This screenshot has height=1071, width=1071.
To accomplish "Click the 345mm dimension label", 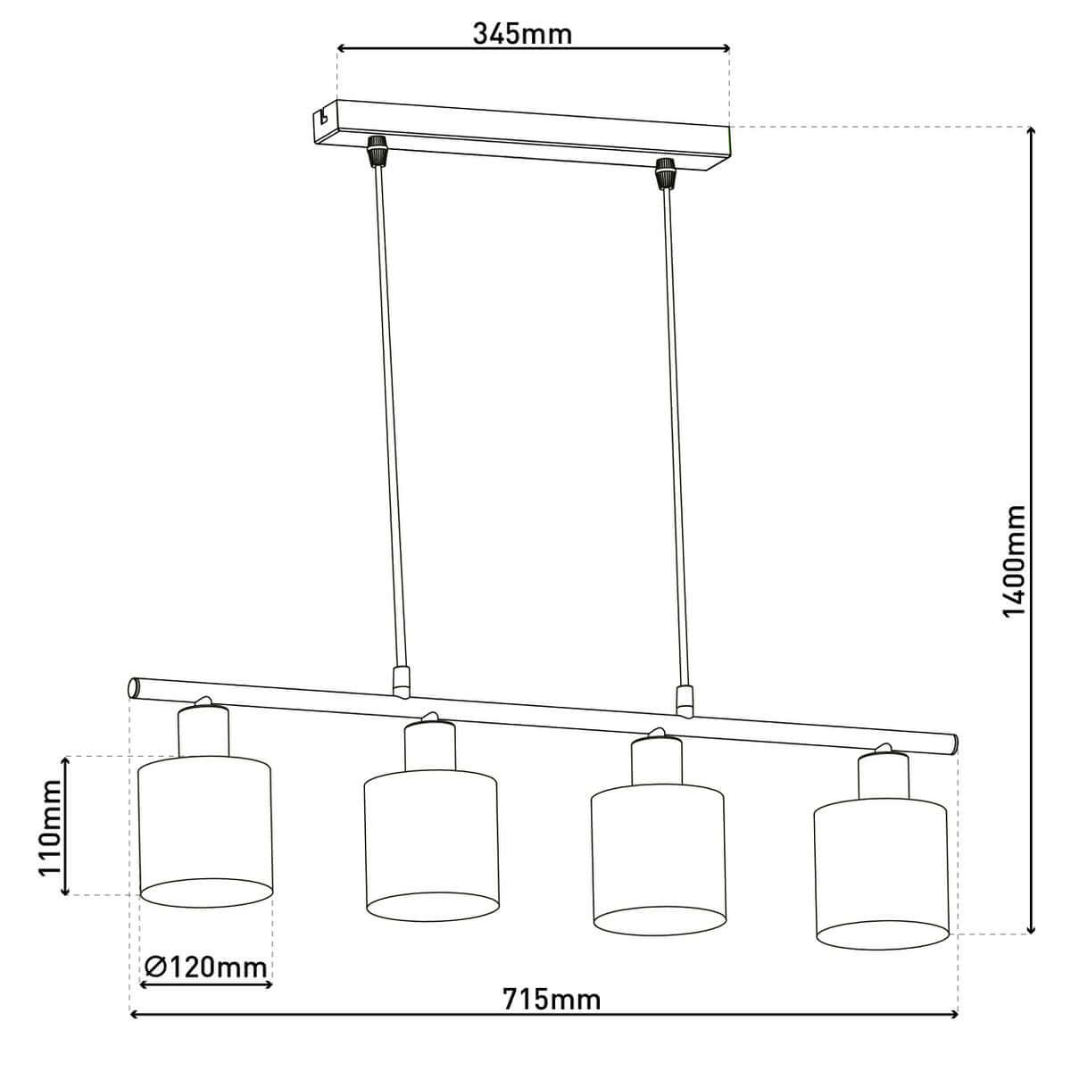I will pyautogui.click(x=522, y=35).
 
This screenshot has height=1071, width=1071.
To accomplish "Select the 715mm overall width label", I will pyautogui.click(x=551, y=998).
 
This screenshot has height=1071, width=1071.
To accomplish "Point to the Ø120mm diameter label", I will pyautogui.click(x=205, y=966).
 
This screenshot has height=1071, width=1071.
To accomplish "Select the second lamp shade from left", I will pyautogui.click(x=431, y=843).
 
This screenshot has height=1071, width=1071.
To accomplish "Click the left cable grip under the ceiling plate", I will pyautogui.click(x=378, y=151).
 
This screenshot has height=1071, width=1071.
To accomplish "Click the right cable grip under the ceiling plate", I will pyautogui.click(x=663, y=173).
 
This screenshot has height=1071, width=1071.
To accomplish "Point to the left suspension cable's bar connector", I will pyautogui.click(x=402, y=681).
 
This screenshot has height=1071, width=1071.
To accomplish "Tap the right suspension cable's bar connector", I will pyautogui.click(x=685, y=701).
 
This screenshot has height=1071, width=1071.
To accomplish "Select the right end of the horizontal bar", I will pyautogui.click(x=953, y=743).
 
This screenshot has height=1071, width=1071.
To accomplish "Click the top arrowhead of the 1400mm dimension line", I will pyautogui.click(x=1032, y=132).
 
